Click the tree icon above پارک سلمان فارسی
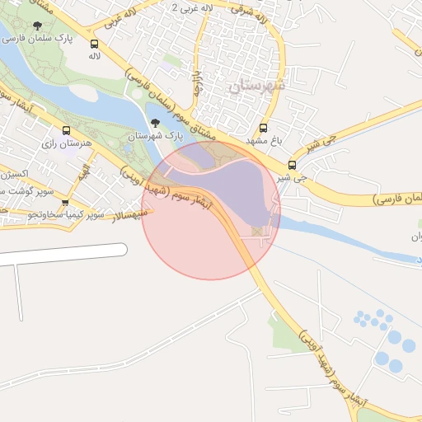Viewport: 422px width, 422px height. tap(35, 23)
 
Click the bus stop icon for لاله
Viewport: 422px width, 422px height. tap(94, 44)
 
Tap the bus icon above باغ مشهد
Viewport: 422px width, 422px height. tap(264, 129)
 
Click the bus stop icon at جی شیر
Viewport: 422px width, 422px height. tap(292, 164)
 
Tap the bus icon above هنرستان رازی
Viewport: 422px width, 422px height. tap(67, 130)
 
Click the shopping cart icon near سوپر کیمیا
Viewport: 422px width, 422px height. tap(65, 202)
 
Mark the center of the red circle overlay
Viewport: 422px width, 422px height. tap(211, 210)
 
